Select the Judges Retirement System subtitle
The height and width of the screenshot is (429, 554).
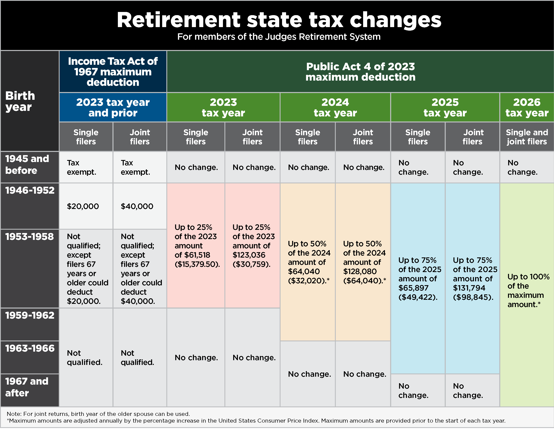tap(279, 37)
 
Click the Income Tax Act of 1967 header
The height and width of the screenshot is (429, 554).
tap(113, 72)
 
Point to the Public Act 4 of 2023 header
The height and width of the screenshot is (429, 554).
tap(360, 72)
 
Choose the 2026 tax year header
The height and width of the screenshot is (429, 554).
tap(527, 107)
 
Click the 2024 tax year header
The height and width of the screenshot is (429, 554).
tap(335, 107)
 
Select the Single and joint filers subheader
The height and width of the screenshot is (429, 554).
tap(527, 137)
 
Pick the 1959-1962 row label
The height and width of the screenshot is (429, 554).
tap(30, 315)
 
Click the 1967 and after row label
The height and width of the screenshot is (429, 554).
tap(27, 387)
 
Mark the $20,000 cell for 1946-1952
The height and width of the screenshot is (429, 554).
tap(83, 206)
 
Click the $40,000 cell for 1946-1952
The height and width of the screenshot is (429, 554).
tap(137, 206)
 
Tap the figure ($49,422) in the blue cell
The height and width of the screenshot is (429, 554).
tap(418, 297)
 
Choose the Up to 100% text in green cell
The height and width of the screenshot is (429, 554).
tap(528, 277)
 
